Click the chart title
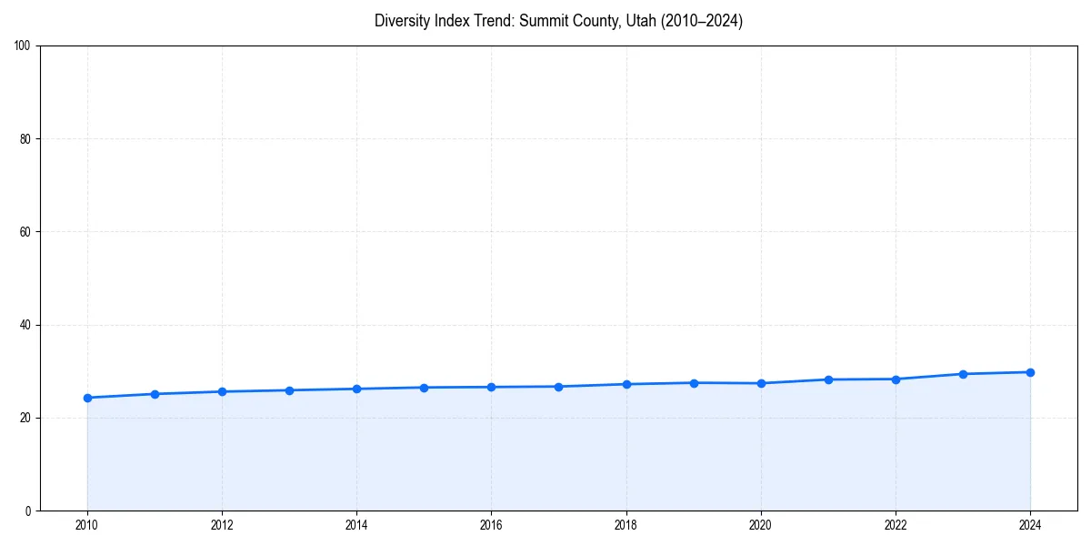[x=558, y=21]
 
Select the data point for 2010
[x=87, y=398]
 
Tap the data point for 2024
[x=1030, y=372]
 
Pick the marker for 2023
[x=963, y=374]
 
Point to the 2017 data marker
[x=558, y=387]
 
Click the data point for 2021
[x=828, y=379]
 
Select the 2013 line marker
[x=289, y=390]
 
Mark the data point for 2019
[x=694, y=383]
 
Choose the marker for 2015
[x=424, y=388]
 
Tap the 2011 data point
[x=155, y=394]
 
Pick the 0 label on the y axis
[x=29, y=511]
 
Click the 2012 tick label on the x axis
[x=222, y=525]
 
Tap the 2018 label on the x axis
[x=626, y=525]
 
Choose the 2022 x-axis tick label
[x=896, y=525]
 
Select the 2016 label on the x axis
[x=491, y=525]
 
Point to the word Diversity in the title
[x=402, y=21]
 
